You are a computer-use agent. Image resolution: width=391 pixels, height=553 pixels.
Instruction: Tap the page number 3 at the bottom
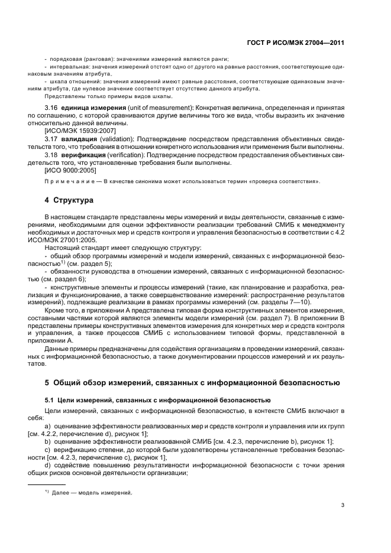point(342,505)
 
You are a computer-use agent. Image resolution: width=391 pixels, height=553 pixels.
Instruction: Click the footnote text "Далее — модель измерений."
point(92,493)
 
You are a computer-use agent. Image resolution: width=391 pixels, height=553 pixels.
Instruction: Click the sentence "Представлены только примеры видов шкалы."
point(108,96)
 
